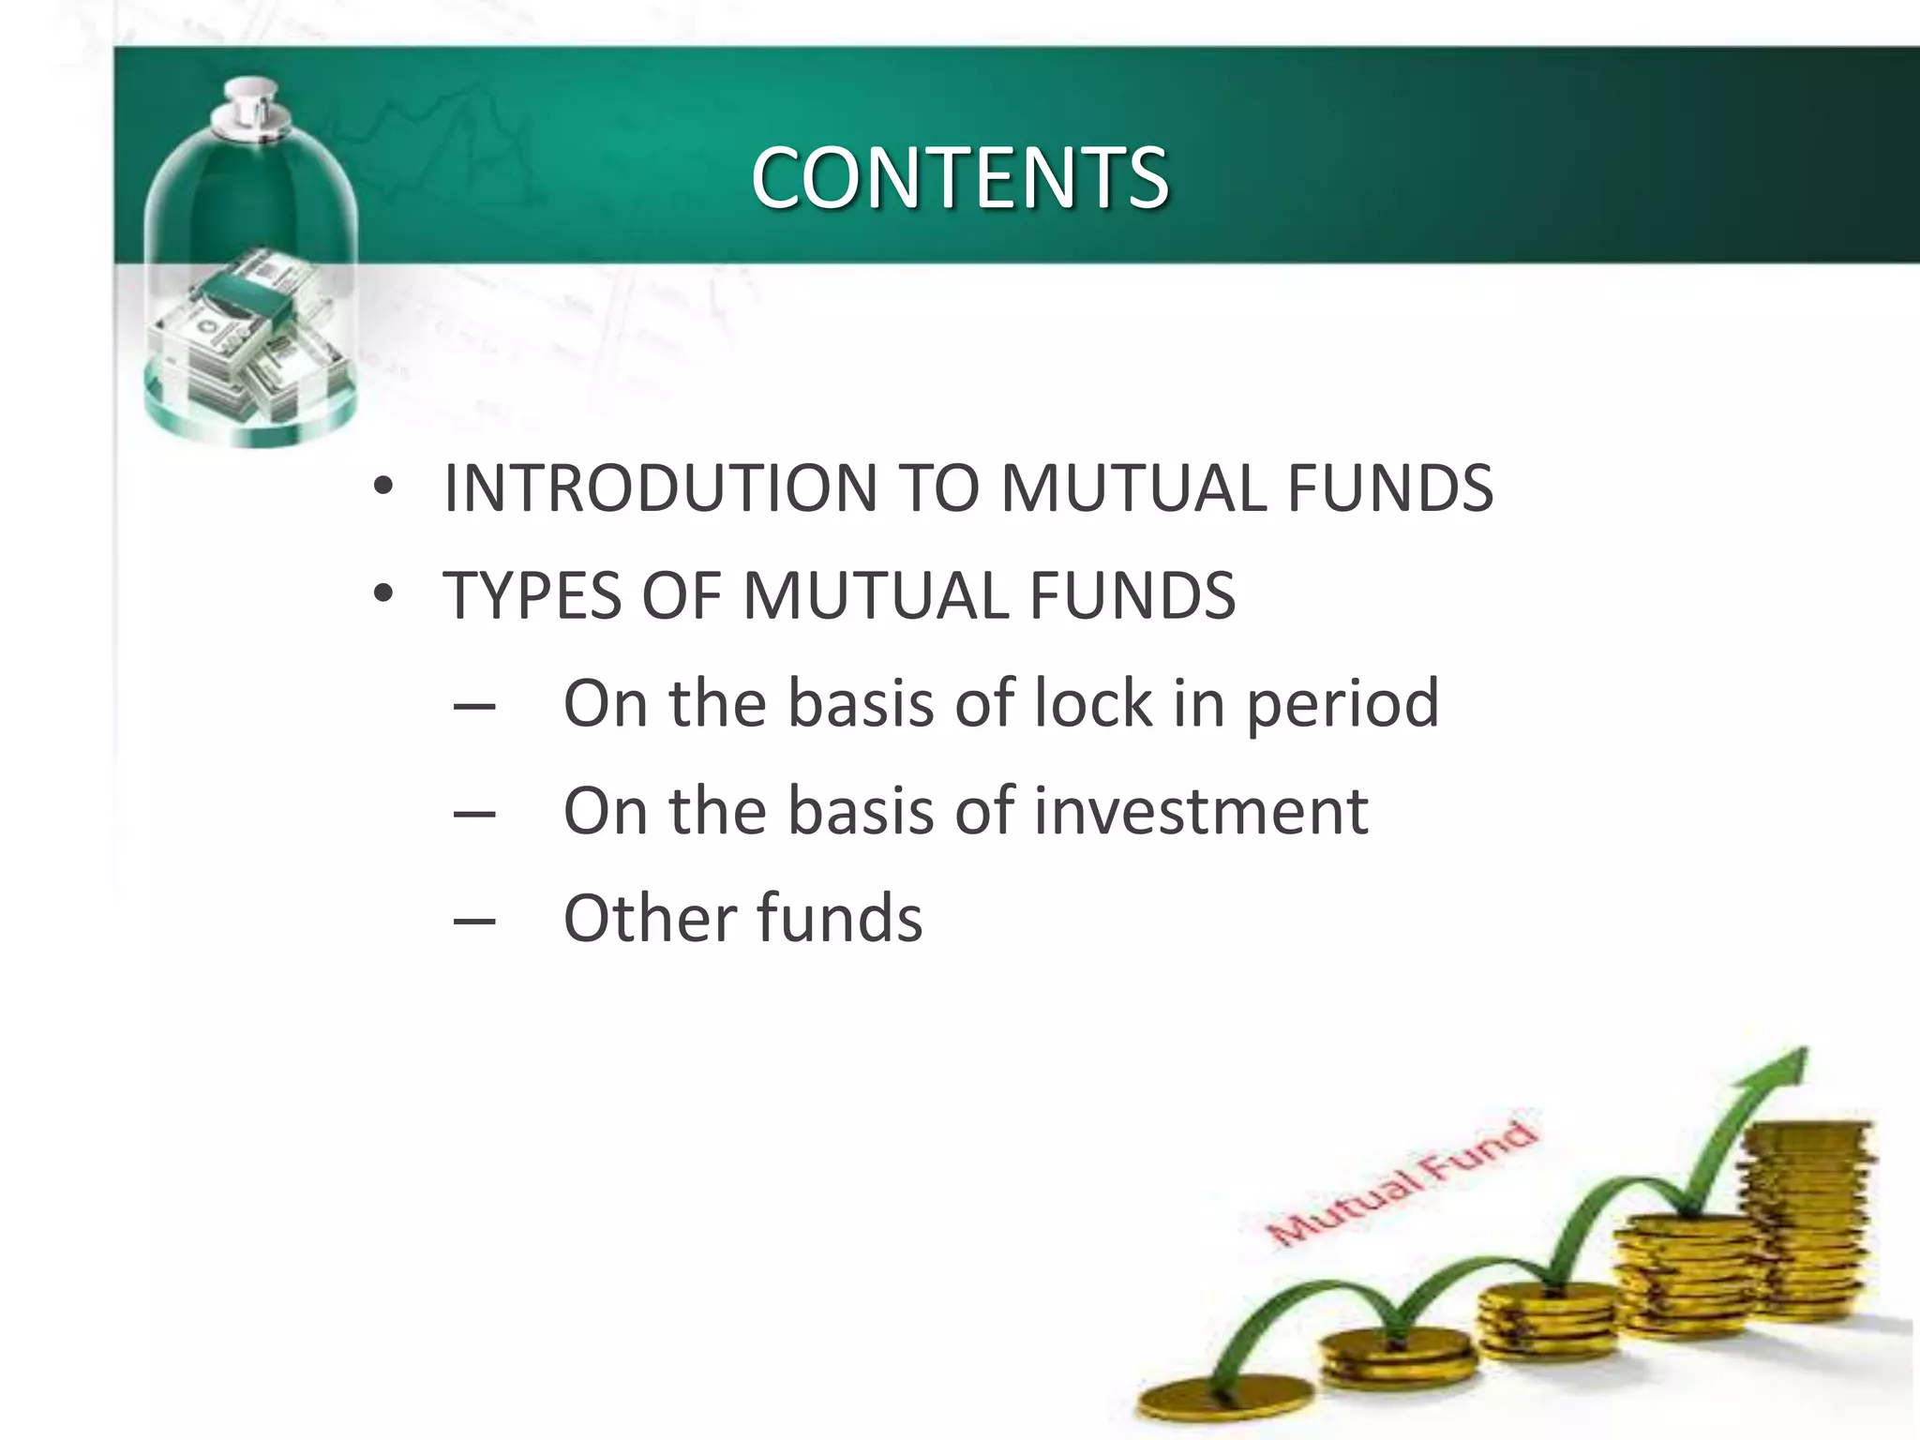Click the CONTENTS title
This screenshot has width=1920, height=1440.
tap(959, 178)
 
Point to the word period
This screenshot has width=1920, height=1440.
tap(1342, 703)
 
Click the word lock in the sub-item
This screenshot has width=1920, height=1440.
tap(1092, 703)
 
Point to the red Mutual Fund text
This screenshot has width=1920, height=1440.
tap(1403, 1185)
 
